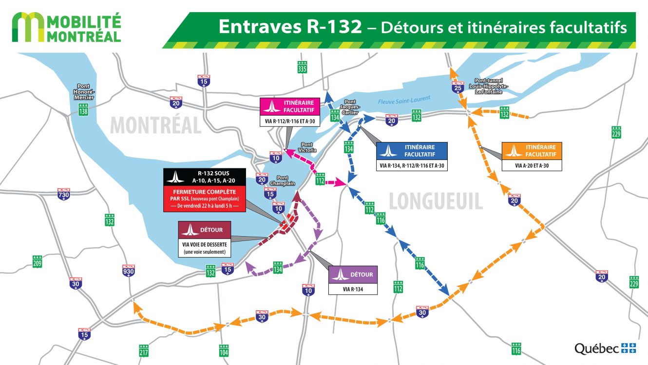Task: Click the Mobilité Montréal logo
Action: coord(66,27)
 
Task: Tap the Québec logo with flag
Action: coord(605,348)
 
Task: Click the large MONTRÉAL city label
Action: coord(155,125)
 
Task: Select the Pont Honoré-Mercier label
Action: coord(84,91)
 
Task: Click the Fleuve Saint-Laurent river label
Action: coord(404,100)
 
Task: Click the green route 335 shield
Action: coord(302,67)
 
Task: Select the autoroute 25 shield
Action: coord(457,87)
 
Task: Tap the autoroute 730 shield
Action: coord(64,194)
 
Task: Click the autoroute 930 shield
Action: coord(129,270)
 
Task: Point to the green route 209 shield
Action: coord(37,261)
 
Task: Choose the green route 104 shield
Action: coord(224,349)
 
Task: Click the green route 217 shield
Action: coord(144,349)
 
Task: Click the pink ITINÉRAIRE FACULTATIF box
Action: coord(290,106)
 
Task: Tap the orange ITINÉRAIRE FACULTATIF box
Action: coord(532,150)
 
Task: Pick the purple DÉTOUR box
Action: coord(353,274)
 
